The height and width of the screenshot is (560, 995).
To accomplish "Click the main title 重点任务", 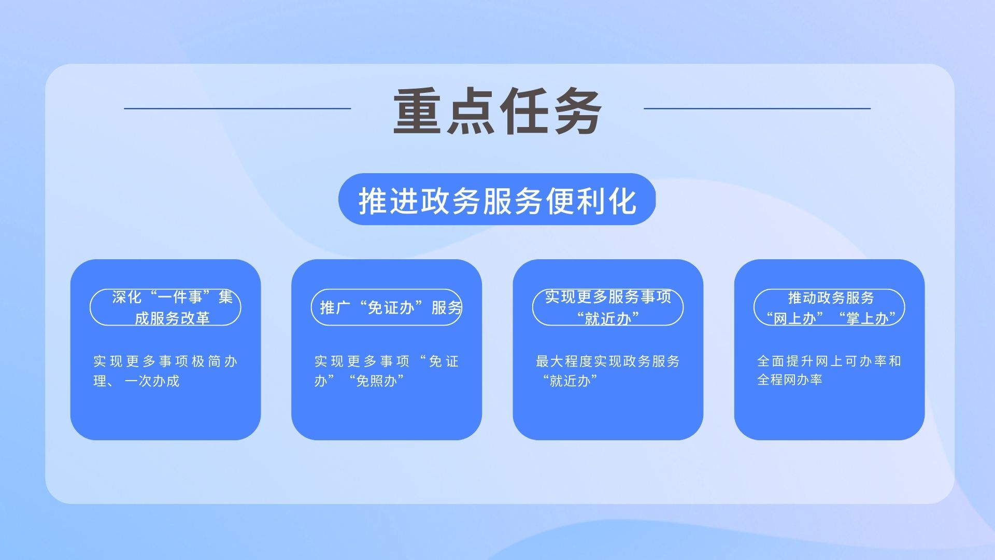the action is (x=497, y=111).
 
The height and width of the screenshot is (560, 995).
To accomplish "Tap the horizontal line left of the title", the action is (x=237, y=108).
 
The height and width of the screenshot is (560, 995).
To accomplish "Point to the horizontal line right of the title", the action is (x=757, y=108).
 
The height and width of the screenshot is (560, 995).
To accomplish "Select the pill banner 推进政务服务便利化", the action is (x=497, y=200).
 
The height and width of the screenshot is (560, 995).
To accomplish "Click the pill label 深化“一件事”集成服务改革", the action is (x=165, y=307).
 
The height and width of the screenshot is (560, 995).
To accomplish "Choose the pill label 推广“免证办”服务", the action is (x=387, y=307).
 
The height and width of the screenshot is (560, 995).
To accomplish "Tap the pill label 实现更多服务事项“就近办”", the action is (x=608, y=307).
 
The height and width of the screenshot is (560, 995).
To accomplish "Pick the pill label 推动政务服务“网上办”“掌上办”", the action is (x=829, y=307).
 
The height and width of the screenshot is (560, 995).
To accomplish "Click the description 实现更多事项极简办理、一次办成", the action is (x=165, y=371).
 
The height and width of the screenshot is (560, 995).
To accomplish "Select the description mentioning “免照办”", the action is (x=387, y=371).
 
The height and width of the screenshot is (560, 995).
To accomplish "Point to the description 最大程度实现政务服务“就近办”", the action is (x=608, y=371).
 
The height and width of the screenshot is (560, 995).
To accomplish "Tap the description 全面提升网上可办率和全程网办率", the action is (x=829, y=370).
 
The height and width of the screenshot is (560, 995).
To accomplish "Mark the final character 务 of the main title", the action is (x=578, y=111).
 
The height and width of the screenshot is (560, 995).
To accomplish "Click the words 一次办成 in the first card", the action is (x=152, y=381).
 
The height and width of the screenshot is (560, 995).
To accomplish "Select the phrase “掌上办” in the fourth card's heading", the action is (x=867, y=318).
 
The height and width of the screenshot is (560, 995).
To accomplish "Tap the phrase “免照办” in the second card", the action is (x=377, y=381).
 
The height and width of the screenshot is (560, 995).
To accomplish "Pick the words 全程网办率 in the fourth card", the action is (x=790, y=380).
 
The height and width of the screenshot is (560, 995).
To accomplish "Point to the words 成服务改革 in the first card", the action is (x=172, y=318).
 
